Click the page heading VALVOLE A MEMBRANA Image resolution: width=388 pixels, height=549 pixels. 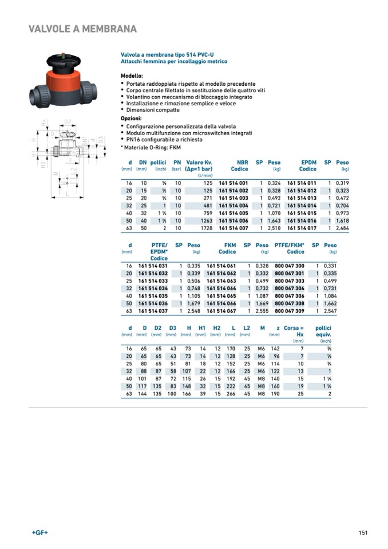pyautogui.click(x=82, y=29)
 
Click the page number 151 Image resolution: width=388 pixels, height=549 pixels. pyautogui.click(x=363, y=532)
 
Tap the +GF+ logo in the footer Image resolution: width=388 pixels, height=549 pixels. pyautogui.click(x=40, y=532)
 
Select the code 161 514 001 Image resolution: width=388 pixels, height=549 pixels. pyautogui.click(x=233, y=183)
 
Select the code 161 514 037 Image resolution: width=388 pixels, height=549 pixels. pyautogui.click(x=153, y=311)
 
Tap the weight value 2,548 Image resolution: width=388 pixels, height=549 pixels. pyautogui.click(x=193, y=311)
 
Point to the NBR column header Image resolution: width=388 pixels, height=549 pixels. pyautogui.click(x=242, y=163)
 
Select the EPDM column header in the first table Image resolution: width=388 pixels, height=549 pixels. pyautogui.click(x=308, y=163)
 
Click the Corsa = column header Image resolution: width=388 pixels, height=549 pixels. pyautogui.click(x=294, y=328)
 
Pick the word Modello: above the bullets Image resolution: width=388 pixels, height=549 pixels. pyautogui.click(x=132, y=76)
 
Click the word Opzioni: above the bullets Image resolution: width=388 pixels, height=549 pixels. pyautogui.click(x=131, y=119)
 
